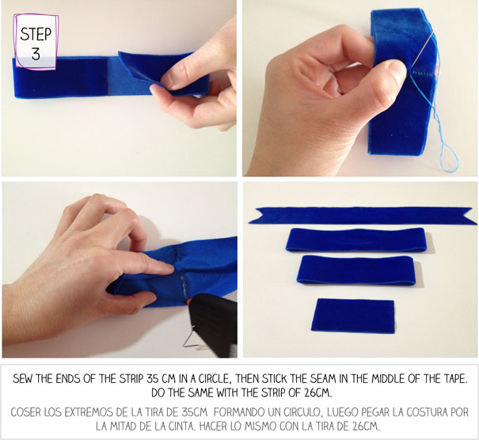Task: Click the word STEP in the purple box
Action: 36,34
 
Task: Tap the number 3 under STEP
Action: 36,54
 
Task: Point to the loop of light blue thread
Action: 450,157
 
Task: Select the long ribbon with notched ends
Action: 363,216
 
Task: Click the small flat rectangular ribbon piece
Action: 353,316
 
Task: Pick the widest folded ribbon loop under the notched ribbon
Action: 356,240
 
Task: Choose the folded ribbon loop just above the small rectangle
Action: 356,270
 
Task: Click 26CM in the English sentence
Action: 317,393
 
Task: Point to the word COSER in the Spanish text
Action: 26,412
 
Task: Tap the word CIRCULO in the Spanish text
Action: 302,412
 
